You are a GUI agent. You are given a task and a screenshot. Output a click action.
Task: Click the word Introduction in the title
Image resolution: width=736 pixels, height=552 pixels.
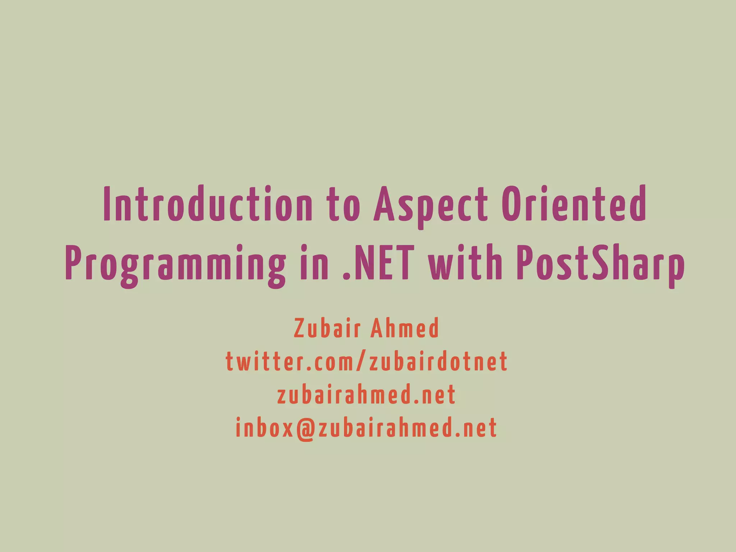point(208,204)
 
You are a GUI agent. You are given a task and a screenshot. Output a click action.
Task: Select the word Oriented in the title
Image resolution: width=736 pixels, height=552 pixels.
point(574,204)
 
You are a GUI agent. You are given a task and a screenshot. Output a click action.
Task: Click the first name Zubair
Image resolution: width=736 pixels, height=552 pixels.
point(327,328)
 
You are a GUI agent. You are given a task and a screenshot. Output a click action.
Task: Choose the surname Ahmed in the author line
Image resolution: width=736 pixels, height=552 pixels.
point(405,328)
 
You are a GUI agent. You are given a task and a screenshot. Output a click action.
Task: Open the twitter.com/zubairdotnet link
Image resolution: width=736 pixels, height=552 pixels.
point(367,362)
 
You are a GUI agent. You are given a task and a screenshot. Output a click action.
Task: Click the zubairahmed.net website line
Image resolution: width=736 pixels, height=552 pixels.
point(367,395)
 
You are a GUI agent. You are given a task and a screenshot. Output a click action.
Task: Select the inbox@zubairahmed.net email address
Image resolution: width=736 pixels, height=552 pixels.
point(367,428)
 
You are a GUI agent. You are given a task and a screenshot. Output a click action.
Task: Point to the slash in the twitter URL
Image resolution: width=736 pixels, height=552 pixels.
point(362,362)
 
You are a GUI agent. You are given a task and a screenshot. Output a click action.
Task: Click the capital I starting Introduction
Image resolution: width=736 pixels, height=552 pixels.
point(106,204)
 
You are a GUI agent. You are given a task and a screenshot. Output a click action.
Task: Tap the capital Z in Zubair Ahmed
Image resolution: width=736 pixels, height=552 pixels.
point(299,328)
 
